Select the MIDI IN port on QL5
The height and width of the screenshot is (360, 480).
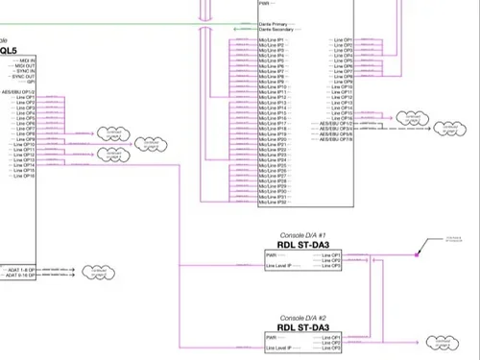coord(27,60)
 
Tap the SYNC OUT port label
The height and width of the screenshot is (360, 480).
coord(24,77)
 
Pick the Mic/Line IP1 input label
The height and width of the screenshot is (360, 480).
coord(275,39)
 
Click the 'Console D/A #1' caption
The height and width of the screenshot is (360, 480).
coord(303,235)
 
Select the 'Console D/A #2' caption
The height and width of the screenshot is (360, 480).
coord(303,317)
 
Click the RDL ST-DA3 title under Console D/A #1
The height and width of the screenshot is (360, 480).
coord(303,246)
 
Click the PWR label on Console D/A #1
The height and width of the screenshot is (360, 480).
coord(272,255)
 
